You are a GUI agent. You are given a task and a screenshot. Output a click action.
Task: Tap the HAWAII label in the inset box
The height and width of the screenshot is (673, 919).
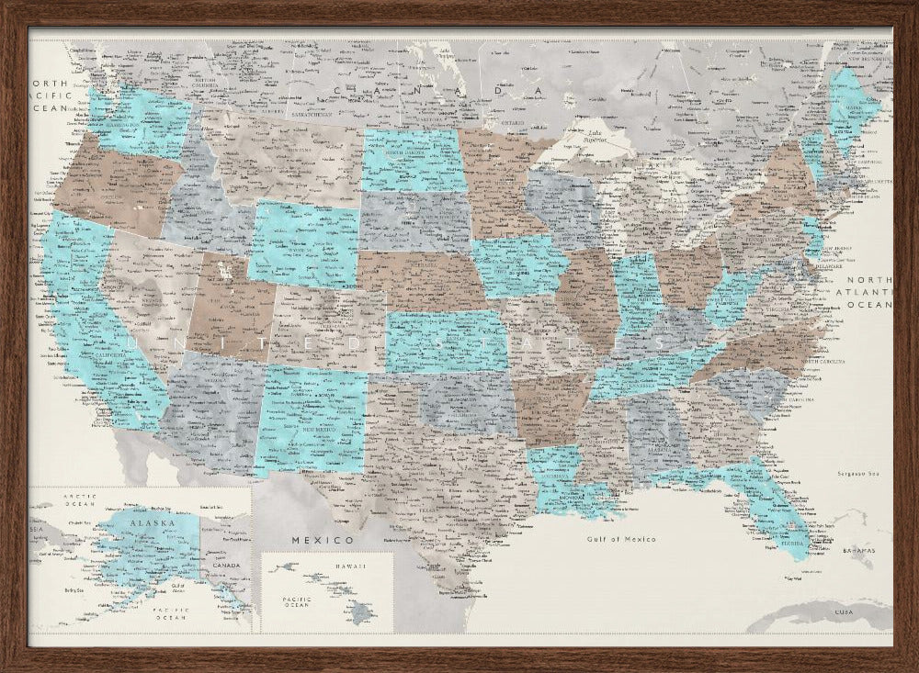pos(324,566)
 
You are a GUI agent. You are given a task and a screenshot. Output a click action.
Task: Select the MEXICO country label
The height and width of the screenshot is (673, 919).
pos(323,539)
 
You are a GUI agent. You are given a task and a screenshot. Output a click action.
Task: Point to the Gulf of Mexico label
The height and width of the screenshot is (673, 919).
pos(622,539)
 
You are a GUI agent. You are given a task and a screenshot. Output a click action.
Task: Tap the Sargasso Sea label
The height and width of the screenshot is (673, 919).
pos(858,473)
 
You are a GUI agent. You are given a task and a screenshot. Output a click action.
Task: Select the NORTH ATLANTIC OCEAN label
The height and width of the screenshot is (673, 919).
pos(869,291)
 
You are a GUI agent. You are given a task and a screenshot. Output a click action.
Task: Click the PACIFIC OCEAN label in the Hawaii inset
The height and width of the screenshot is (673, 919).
pos(294,602)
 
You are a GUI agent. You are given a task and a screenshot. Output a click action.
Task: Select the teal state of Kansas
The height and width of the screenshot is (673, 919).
pos(446,341)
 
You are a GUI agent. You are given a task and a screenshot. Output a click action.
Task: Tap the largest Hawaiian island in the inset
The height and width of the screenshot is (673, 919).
pos(364,611)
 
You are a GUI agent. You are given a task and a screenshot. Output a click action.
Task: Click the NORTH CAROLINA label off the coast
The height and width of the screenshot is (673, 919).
pos(823,362)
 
